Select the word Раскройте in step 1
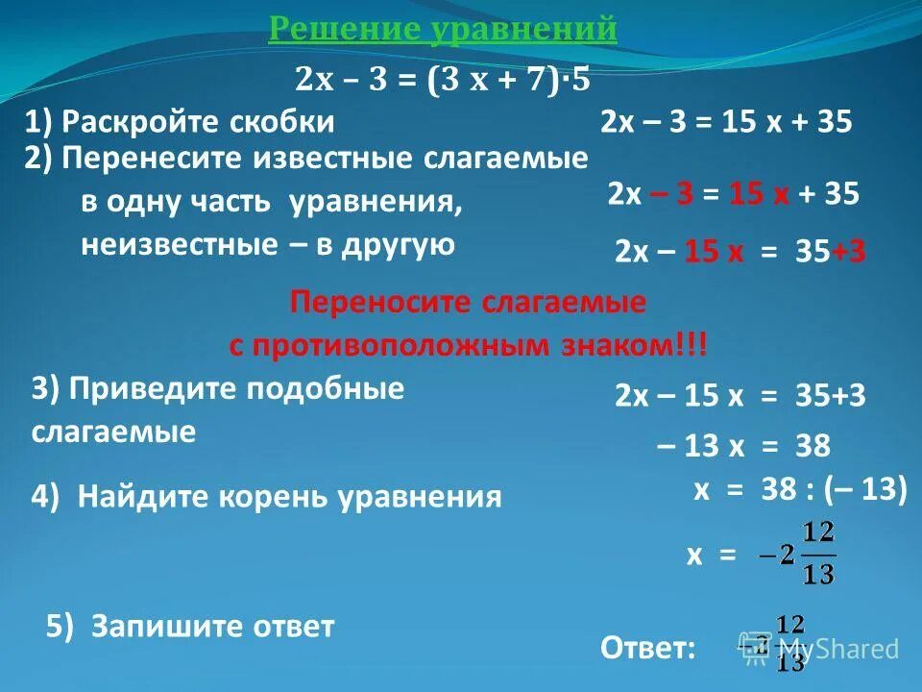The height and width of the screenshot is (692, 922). tap(144, 122)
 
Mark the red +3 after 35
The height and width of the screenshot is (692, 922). tap(849, 252)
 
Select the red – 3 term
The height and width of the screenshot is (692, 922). tap(672, 194)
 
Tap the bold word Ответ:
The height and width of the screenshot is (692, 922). tap(648, 649)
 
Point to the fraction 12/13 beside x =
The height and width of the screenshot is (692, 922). tap(818, 555)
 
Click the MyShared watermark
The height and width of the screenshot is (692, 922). tap(836, 649)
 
